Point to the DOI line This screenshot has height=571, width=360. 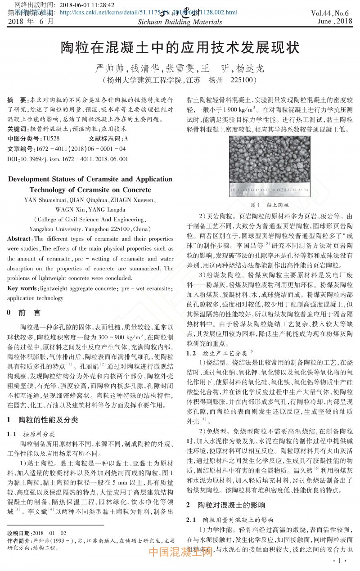coord(68,158)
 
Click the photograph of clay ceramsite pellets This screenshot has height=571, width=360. coord(269,165)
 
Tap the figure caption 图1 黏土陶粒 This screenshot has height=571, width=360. coord(270,205)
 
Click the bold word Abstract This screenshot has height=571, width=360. coord(19,239)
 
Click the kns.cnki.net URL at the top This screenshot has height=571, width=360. coord(148,13)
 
